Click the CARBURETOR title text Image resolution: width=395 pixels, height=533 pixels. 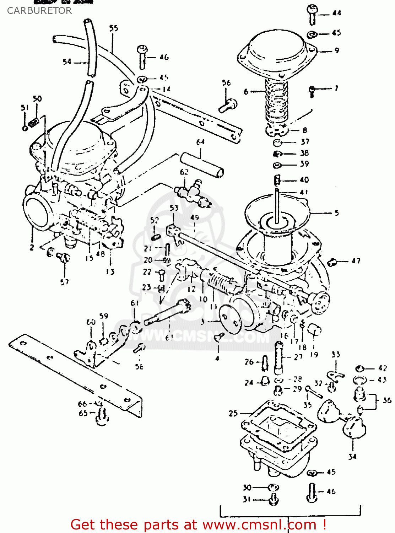click(x=39, y=11)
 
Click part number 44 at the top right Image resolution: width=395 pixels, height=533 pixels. click(x=336, y=13)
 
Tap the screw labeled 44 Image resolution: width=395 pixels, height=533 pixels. click(x=312, y=14)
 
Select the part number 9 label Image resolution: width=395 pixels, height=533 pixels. click(x=337, y=51)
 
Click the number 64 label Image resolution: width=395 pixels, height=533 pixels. click(x=200, y=142)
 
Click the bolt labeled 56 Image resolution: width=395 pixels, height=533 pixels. click(x=228, y=106)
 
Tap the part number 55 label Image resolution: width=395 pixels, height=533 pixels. click(x=114, y=28)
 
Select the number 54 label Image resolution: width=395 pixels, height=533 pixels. click(x=67, y=62)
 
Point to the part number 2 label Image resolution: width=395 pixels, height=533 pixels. click(x=32, y=247)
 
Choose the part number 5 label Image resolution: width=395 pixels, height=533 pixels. click(x=336, y=213)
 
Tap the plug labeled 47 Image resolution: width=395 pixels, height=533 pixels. click(x=332, y=262)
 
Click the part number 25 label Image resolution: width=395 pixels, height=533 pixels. click(x=233, y=413)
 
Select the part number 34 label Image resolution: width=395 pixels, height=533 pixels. click(x=352, y=456)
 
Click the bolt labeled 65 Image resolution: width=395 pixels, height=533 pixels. click(x=102, y=418)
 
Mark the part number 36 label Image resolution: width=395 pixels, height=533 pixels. click(x=387, y=400)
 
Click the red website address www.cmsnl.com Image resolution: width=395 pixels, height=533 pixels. click(x=259, y=525)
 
